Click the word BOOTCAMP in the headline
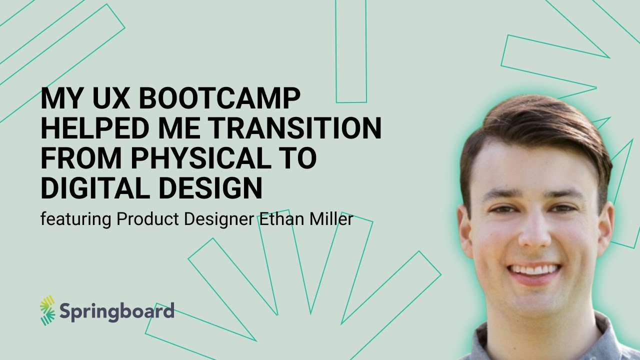point(219,99)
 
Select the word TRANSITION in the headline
point(295,128)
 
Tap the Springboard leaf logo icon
point(47,310)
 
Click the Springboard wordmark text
point(117,311)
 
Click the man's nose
point(534,235)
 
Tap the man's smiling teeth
point(534,270)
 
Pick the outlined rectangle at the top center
point(351,50)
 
